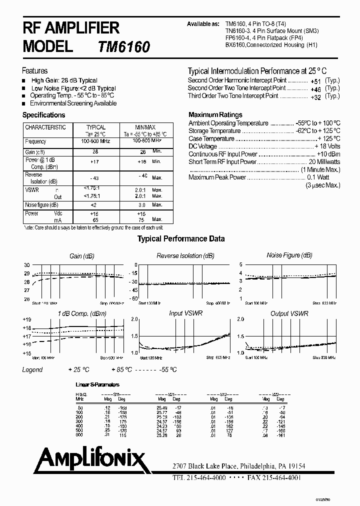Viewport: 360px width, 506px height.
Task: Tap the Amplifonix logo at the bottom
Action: (83, 459)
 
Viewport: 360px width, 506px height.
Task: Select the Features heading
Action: (35, 71)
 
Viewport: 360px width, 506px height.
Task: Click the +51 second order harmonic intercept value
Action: (315, 80)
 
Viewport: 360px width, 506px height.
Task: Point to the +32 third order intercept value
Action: (315, 96)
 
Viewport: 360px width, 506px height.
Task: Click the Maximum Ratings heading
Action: (215, 114)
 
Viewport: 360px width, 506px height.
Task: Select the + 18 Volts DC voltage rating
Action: (327, 146)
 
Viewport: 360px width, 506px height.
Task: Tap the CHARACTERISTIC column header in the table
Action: (45, 127)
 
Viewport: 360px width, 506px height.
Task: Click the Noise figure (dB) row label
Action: (42, 205)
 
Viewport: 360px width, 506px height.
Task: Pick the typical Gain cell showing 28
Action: (95, 151)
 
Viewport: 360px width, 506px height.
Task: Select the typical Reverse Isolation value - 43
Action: (95, 178)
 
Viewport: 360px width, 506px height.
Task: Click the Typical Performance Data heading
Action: (181, 239)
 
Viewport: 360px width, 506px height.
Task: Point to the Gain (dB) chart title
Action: (82, 256)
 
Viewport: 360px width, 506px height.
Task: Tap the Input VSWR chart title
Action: (183, 313)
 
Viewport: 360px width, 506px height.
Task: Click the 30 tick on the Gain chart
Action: (27, 265)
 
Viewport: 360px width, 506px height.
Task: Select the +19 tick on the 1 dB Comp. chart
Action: (26, 319)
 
